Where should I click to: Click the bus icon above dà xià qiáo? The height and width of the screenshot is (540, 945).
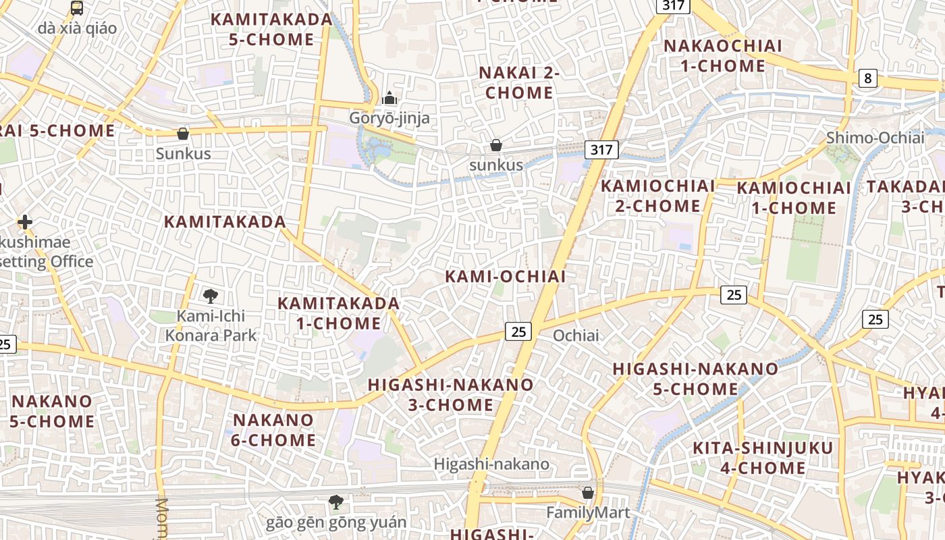pos(77,8)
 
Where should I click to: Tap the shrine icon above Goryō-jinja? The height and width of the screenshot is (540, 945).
pos(389,99)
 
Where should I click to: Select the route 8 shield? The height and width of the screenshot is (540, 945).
pos(868,78)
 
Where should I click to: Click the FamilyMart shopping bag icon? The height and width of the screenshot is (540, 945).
pos(588,493)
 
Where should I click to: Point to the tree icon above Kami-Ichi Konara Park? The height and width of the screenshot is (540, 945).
pos(211,295)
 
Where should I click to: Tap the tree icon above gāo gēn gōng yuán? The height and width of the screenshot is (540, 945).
pos(335,502)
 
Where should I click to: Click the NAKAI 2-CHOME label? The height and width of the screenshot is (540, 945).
pos(519,82)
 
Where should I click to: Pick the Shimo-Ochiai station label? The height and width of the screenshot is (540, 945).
pos(875,138)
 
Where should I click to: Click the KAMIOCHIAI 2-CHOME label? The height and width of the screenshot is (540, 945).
pos(657,196)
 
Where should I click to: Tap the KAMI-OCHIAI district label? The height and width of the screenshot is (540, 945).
pos(506,276)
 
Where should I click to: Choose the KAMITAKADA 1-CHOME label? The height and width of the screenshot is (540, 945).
pos(339,313)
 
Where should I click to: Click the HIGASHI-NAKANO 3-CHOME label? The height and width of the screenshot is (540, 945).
pos(450,395)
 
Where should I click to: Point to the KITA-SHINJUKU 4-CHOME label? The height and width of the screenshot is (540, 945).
pos(763,458)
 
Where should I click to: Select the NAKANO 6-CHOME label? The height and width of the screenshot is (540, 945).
pos(274,430)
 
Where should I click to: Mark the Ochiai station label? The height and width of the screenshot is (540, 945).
pos(576,335)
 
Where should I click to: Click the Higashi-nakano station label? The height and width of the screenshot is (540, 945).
pos(491,464)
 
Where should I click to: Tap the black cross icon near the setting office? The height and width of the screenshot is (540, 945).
pos(25,222)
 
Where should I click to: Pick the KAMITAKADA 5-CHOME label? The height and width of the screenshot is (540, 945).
pos(271,29)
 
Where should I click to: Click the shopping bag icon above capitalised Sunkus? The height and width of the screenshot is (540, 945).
pos(182,134)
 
